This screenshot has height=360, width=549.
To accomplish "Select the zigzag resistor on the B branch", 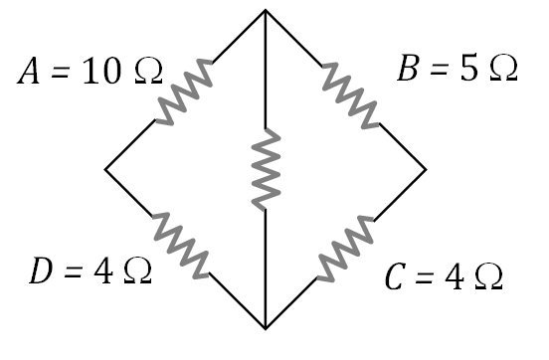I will (x=348, y=92).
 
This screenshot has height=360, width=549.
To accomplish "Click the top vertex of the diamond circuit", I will (x=266, y=11).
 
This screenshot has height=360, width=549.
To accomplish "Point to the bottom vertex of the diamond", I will (x=266, y=327).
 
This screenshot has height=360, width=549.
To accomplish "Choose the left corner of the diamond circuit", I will (x=105, y=169).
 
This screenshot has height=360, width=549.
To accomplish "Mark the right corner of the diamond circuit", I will (x=426, y=169).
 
